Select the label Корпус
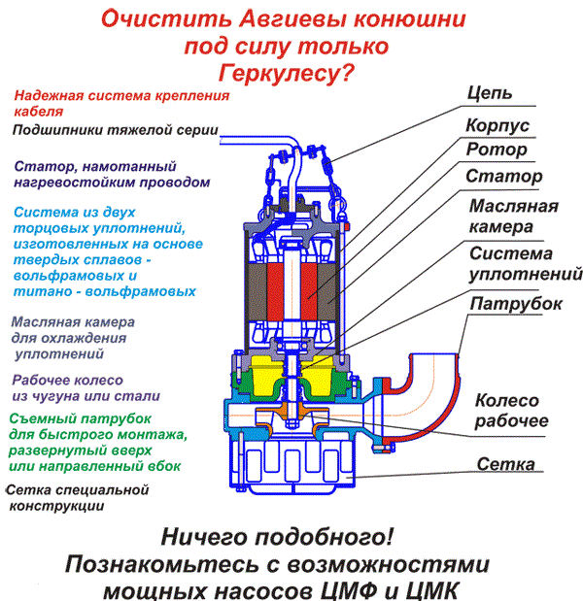498,126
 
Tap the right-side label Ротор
497,150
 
